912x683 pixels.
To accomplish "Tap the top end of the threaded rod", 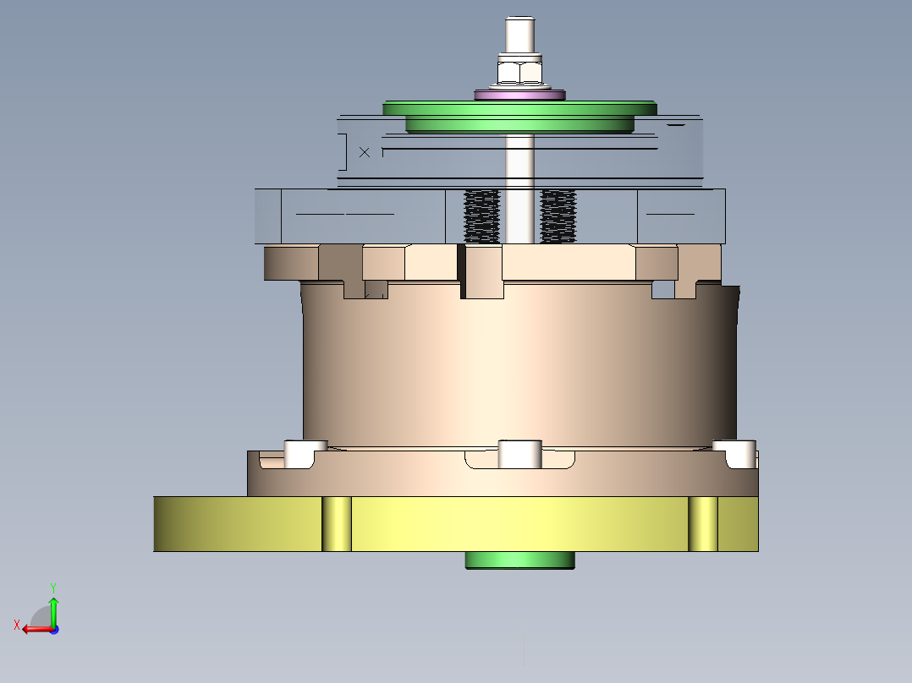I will [519, 25].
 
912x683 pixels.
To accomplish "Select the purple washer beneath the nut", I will [519, 94].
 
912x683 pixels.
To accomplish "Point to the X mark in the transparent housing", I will [365, 152].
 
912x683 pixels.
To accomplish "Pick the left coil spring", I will [482, 216].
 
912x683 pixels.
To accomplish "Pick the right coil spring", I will [558, 216].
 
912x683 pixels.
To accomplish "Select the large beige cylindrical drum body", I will [519, 363].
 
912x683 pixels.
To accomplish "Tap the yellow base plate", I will [508, 524].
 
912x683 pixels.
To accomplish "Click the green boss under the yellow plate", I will [519, 560].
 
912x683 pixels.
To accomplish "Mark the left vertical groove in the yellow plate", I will [337, 524].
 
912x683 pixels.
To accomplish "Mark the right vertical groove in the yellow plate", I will [702, 524].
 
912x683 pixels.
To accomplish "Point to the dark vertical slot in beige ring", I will [462, 270].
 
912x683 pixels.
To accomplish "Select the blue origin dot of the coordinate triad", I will [53, 629].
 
